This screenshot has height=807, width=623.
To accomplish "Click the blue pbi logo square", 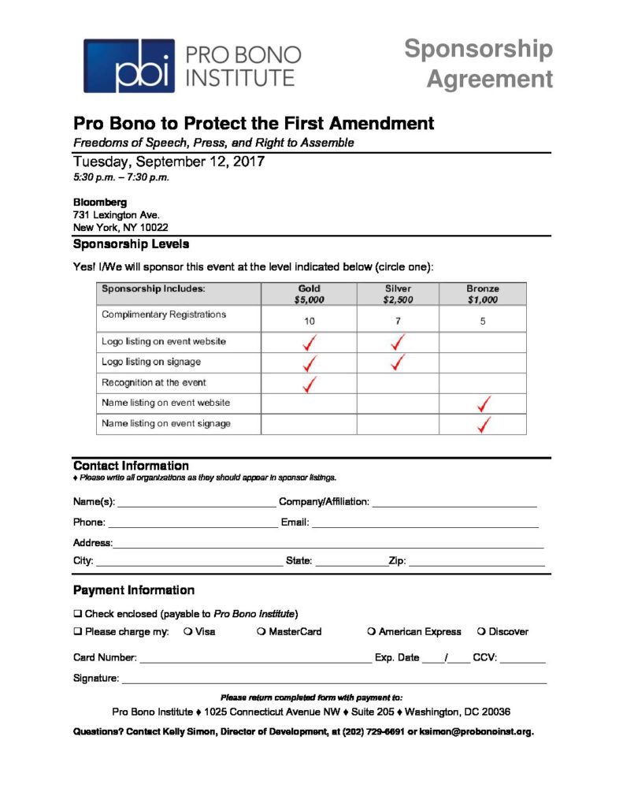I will [129, 65].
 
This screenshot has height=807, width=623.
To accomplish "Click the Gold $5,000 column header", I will [309, 294].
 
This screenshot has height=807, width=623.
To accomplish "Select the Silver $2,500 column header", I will [398, 294].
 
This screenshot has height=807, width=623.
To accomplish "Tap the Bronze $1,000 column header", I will [482, 294].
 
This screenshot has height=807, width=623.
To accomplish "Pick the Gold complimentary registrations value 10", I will [310, 321].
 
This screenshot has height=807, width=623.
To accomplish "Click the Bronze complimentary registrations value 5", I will [482, 321].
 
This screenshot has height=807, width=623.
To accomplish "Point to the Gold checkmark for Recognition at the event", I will [310, 384].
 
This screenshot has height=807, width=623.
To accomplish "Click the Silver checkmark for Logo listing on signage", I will [399, 363].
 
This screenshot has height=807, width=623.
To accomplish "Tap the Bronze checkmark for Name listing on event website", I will [484, 404].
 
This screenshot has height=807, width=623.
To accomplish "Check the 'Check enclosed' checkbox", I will [78, 613].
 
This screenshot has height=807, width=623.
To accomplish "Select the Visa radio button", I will [187, 631].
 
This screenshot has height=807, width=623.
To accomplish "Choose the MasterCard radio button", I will [261, 631].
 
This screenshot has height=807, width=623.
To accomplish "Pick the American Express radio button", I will [371, 631].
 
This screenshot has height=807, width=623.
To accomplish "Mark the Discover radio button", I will [481, 631].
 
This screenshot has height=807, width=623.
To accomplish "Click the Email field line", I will [425, 523].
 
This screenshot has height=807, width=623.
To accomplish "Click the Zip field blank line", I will [476, 562].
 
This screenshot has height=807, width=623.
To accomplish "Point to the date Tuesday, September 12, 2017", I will [169, 162].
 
